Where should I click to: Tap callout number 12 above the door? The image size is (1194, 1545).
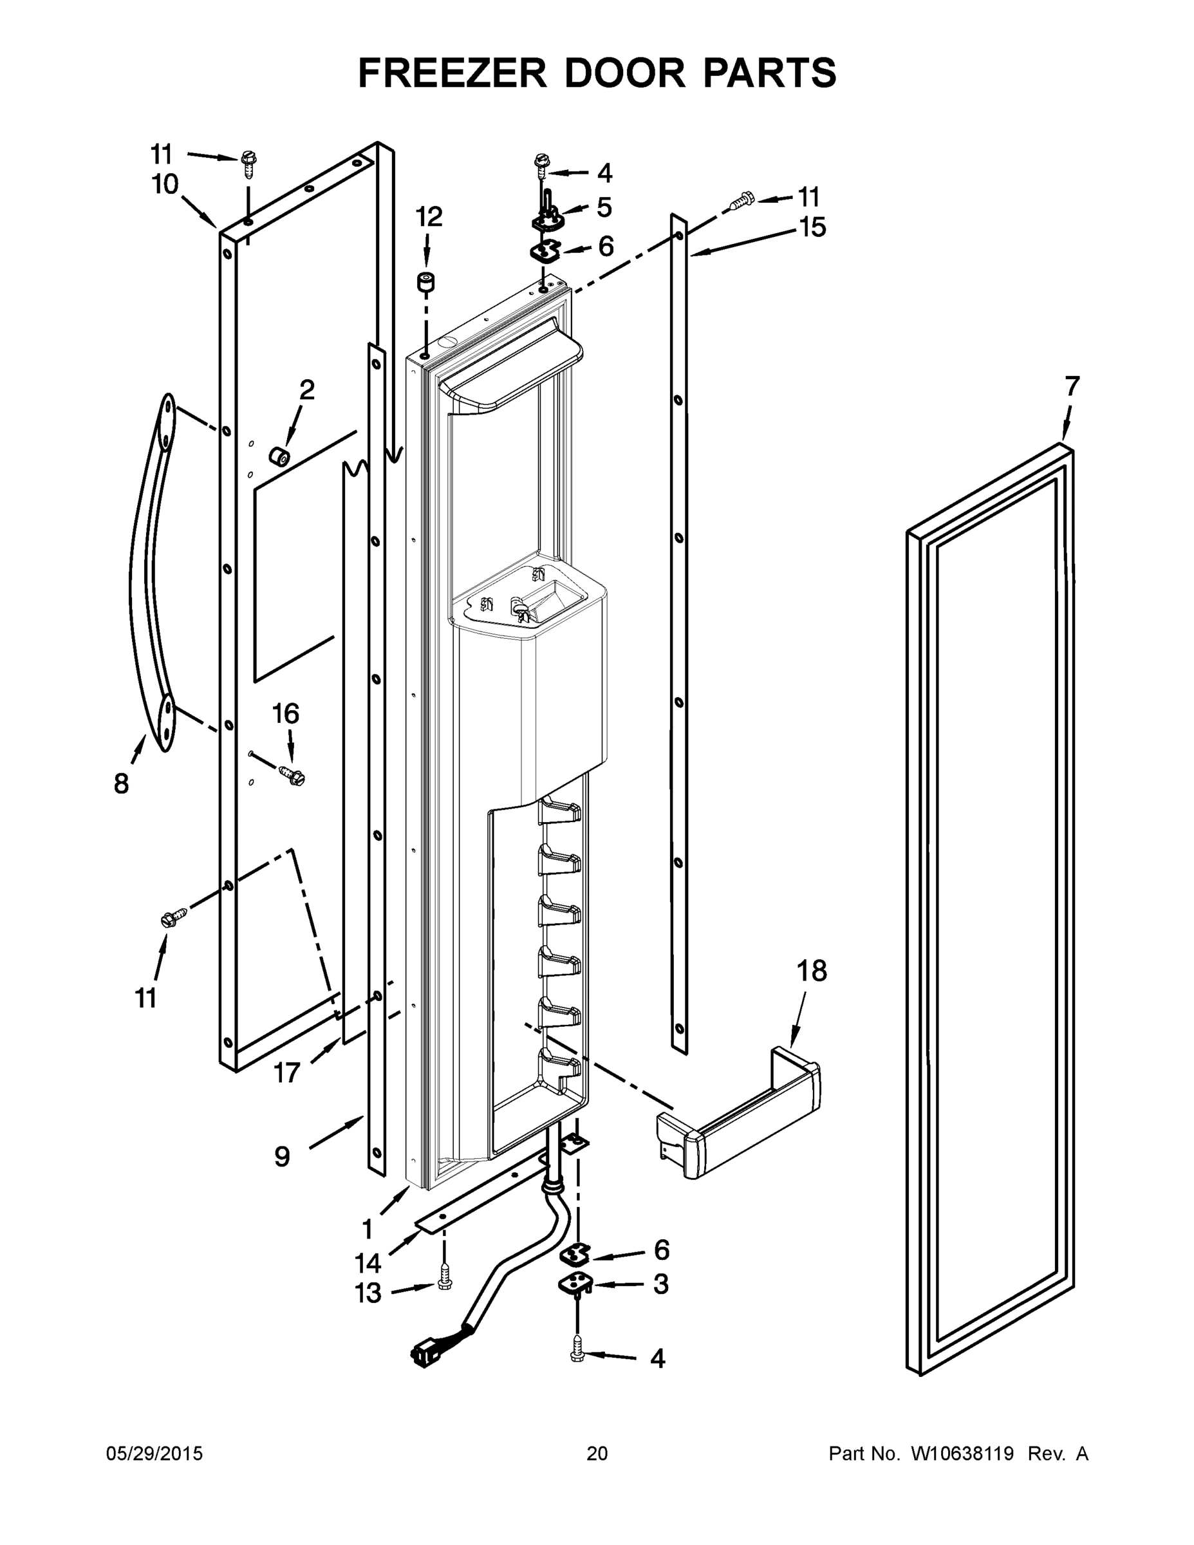(429, 217)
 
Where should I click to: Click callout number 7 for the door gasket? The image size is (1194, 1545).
(1072, 386)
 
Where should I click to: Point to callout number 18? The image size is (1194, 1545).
(812, 971)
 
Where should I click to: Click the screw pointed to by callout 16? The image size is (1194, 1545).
(292, 776)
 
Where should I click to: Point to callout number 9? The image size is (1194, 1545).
(281, 1156)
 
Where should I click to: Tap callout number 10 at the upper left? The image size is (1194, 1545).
(165, 185)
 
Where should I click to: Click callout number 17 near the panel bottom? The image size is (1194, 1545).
(286, 1073)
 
